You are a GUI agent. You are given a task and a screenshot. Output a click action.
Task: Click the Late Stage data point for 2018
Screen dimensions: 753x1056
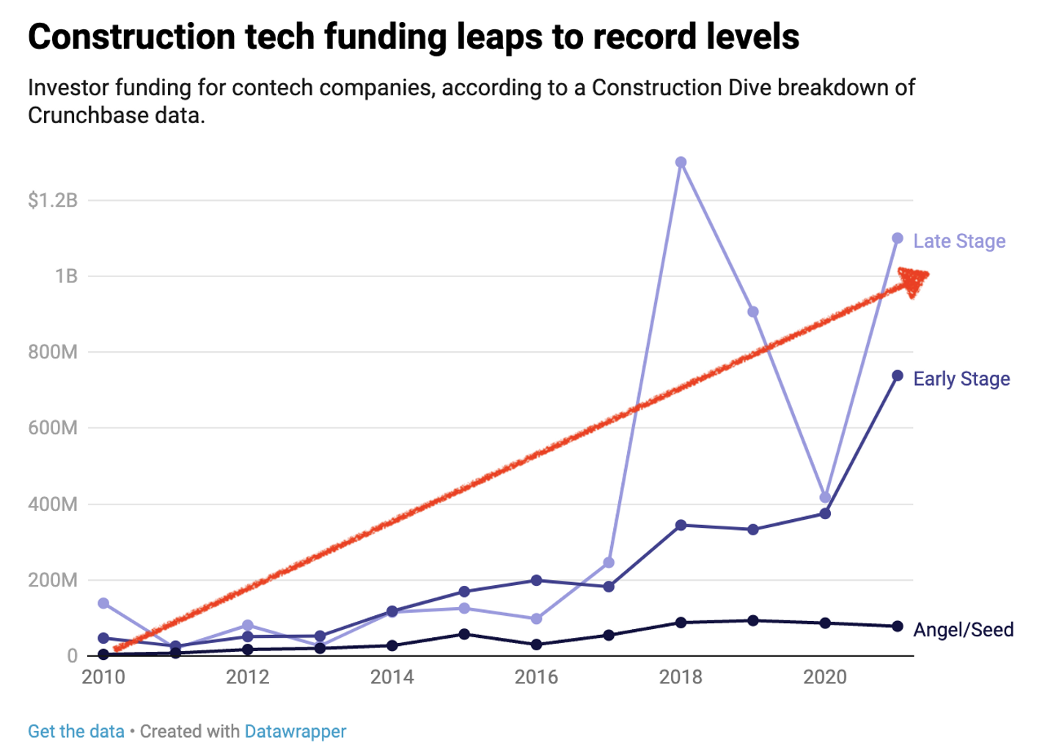pos(681,162)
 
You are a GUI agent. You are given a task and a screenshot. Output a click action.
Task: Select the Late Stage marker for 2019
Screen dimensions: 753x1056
pos(753,312)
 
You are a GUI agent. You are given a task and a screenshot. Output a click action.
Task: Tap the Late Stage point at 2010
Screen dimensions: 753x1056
pos(103,603)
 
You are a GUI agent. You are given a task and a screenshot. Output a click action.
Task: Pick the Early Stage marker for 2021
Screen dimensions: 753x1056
pos(898,376)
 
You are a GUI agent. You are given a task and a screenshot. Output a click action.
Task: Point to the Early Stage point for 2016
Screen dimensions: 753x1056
pos(537,581)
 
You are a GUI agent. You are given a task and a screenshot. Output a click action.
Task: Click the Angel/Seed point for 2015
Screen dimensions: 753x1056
pos(464,634)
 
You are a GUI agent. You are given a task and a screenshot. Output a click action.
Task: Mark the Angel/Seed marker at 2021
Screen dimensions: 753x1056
pos(898,626)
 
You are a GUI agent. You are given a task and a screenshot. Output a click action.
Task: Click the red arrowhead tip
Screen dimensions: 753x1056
pos(927,275)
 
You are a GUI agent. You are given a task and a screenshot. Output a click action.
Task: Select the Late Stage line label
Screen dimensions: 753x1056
pos(959,241)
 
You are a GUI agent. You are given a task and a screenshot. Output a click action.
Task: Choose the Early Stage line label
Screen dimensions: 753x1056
pos(961,379)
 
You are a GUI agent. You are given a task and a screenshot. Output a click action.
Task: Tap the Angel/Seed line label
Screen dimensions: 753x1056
pos(964,630)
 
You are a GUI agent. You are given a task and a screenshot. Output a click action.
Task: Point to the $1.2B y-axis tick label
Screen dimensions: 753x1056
pos(53,200)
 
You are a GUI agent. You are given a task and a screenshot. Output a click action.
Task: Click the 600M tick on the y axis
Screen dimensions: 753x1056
pos(53,428)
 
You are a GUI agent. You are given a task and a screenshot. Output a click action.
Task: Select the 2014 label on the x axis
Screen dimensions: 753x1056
pos(392,677)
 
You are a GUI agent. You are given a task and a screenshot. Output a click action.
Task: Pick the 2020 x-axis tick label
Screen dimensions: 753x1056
pos(825,677)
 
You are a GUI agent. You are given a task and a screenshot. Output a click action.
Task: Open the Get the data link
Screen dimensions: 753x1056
pos(76,732)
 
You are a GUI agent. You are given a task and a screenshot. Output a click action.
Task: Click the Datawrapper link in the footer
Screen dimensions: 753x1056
pos(296,732)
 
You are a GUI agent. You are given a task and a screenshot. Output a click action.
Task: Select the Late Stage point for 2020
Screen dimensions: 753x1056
pos(826,498)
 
